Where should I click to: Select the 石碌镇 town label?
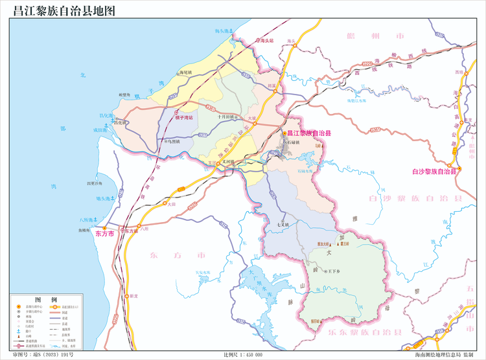point(290,141)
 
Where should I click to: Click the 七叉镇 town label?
point(283,225)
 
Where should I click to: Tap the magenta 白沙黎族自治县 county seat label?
point(434,172)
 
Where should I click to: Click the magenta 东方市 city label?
point(104,232)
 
